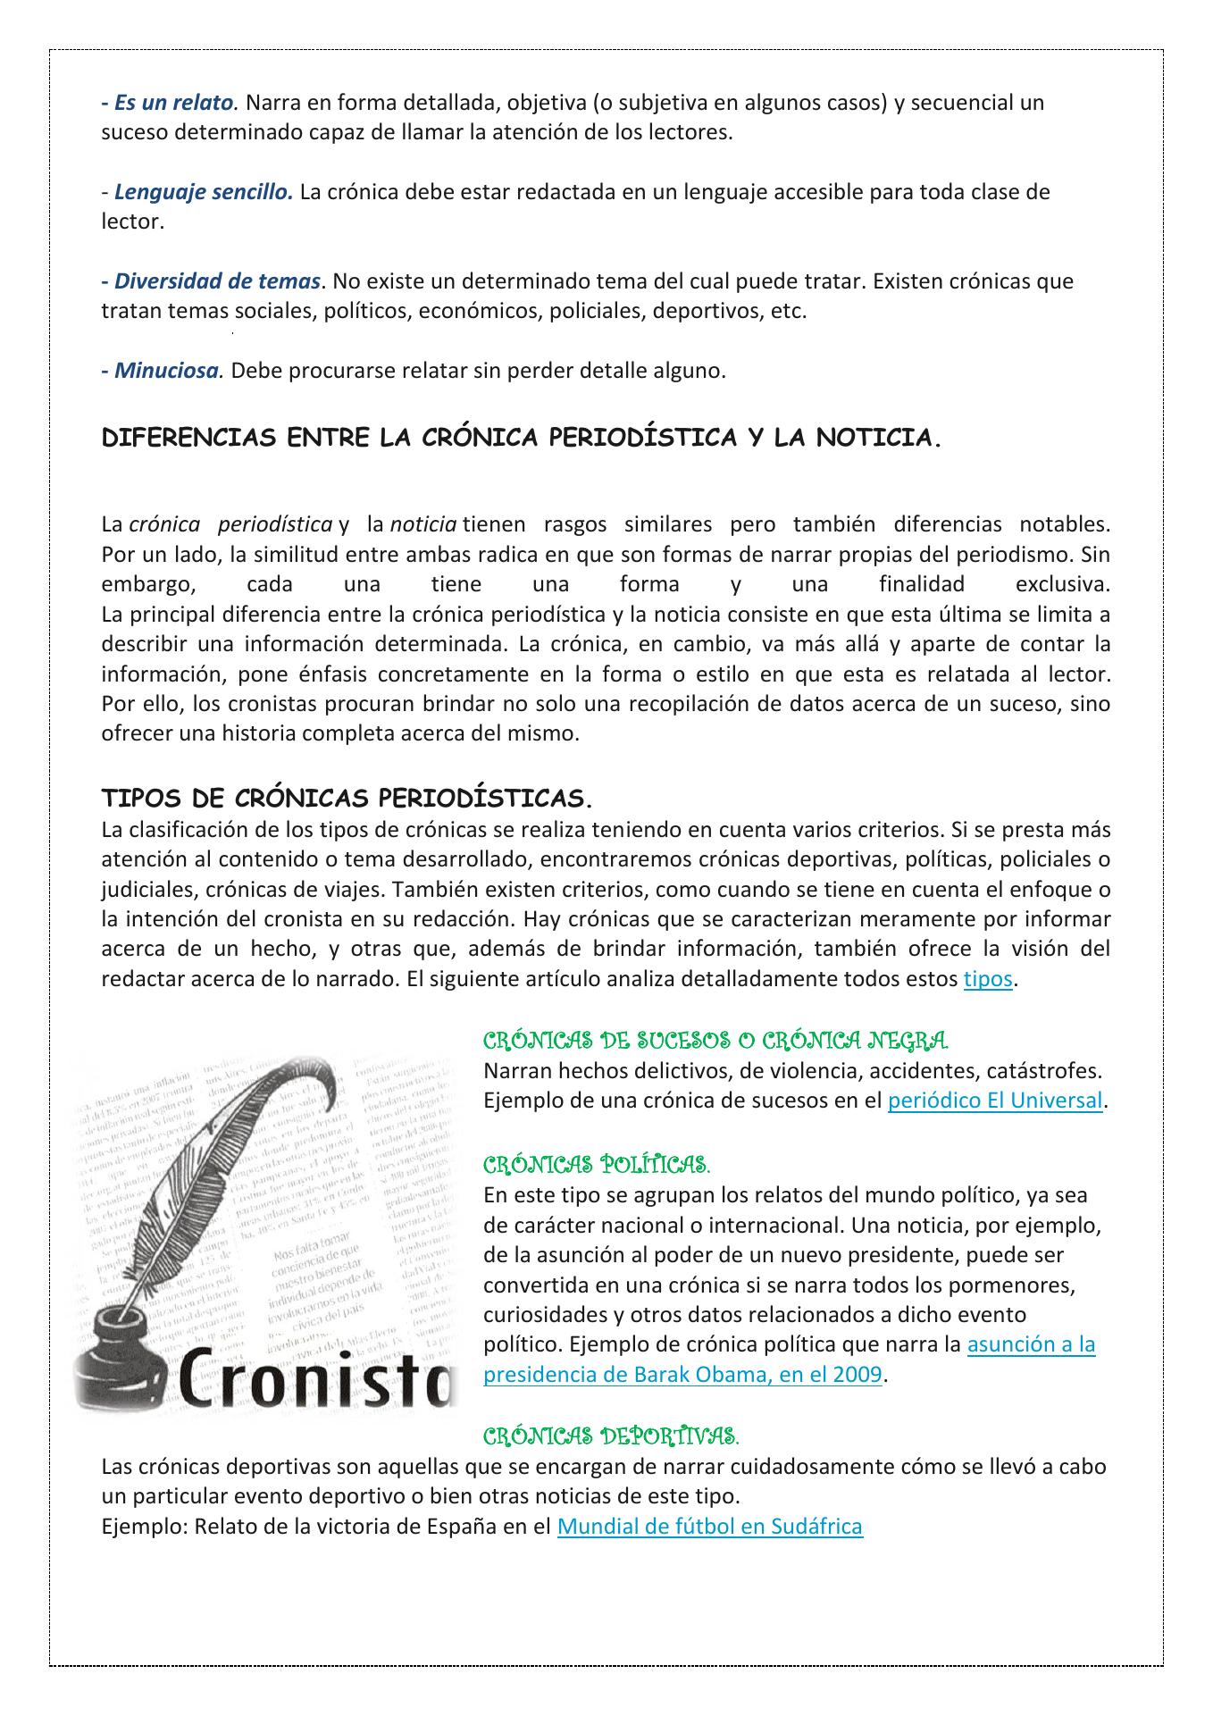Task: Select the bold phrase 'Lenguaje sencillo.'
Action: point(204,192)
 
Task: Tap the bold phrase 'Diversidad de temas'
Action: point(217,281)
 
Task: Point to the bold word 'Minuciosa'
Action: point(166,371)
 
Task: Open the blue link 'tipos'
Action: point(987,979)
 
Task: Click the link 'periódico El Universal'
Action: point(995,1101)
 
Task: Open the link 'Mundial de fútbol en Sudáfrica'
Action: point(709,1526)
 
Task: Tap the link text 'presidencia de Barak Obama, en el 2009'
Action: point(682,1375)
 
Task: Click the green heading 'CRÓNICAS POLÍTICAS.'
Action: point(597,1165)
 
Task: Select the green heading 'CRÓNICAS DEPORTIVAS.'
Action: point(610,1436)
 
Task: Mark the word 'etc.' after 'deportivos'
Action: point(788,312)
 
